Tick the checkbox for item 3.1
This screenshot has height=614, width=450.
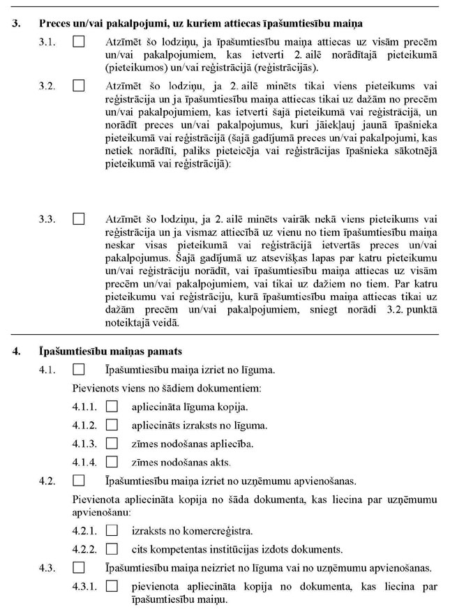pos(78,43)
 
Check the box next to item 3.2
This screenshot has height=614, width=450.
pos(78,87)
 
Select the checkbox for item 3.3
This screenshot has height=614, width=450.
pos(78,219)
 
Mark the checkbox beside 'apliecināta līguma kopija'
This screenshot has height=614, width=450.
pos(112,406)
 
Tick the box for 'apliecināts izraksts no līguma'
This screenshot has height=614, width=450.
pos(112,425)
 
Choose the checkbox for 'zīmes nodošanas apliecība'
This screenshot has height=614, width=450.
pos(112,444)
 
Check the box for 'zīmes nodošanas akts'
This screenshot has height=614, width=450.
pos(112,462)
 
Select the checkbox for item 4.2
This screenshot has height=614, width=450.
pos(78,481)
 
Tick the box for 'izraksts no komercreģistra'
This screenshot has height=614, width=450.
pos(112,530)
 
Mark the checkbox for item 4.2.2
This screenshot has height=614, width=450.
pos(112,548)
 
